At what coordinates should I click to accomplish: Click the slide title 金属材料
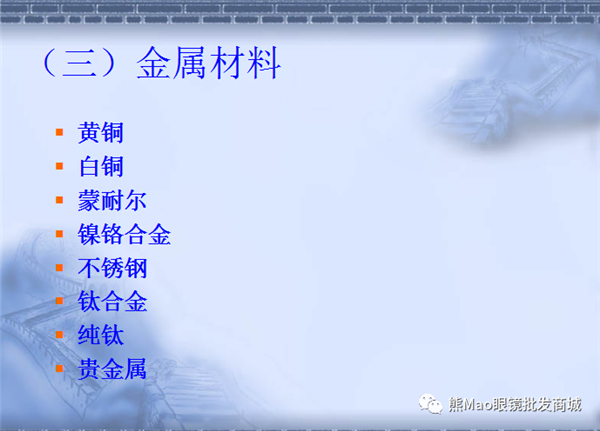pos(209,63)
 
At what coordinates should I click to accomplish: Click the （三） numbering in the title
pos(79,63)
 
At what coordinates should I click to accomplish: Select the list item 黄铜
pos(101,132)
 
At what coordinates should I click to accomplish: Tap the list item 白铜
pos(101,167)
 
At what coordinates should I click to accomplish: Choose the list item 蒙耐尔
pos(112,200)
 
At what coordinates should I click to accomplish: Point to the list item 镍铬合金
pos(124,234)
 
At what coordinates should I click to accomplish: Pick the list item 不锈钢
pos(112,268)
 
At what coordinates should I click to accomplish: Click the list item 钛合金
pos(112,301)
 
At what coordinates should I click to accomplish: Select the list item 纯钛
pos(101,335)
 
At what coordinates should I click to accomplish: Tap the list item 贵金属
pos(112,369)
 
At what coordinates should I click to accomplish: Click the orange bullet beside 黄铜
pos(59,132)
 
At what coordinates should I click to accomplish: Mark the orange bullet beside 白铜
pos(59,166)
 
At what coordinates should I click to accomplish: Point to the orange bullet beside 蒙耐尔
pos(59,200)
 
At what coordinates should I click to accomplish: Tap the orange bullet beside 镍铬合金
pos(59,233)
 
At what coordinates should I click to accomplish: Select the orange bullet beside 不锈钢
pos(59,267)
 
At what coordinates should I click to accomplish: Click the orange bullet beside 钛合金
pos(59,301)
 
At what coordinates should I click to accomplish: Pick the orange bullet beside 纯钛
pos(59,335)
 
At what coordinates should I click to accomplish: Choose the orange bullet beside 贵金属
pos(59,368)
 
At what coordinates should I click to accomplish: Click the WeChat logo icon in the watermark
pos(430,404)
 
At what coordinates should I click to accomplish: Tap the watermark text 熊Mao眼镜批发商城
pos(515,405)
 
